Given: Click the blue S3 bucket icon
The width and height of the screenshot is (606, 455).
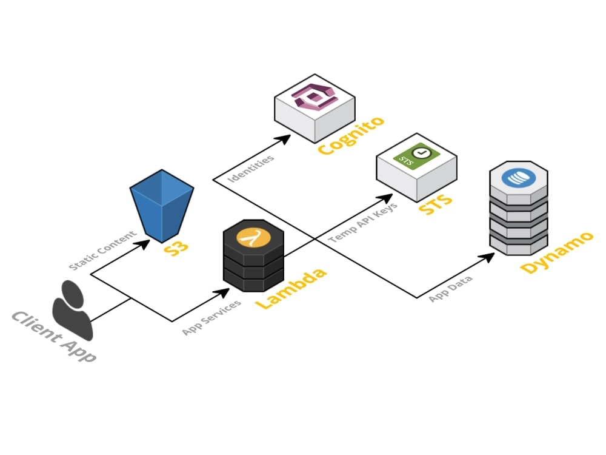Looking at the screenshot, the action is pos(162,206).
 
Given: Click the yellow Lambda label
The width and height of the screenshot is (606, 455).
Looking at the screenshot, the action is pos(291,288).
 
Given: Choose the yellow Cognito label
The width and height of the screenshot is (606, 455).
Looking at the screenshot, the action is pos(351,136).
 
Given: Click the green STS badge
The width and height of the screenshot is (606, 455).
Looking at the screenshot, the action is pos(417,156).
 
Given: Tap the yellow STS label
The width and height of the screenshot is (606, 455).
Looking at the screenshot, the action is pos(435,203).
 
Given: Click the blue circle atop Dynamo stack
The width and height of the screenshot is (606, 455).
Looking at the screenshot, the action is pos(519,178).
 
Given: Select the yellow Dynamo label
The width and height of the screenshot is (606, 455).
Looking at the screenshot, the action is pos(556,252).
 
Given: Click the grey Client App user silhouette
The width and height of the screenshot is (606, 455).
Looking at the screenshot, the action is pos(72,310).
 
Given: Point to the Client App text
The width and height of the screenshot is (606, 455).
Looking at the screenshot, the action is pos(54,336).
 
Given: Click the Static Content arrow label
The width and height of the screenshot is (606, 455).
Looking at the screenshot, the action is pos(102,250).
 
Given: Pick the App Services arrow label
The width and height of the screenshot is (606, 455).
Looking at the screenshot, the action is pos(211,317).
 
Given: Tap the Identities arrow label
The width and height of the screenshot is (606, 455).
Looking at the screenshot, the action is pos(251,168).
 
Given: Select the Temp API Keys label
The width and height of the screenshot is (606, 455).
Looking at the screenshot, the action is pos(362,223).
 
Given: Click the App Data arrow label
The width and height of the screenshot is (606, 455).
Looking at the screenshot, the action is pos(450,289).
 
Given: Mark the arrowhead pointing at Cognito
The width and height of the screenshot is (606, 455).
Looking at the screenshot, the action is pos(284,139).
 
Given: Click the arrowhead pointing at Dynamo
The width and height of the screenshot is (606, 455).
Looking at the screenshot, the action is pos(487,257).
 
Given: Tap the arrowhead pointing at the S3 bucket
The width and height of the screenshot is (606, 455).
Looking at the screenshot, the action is pos(142,244).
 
